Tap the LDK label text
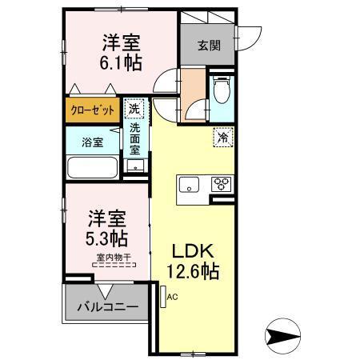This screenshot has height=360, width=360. pyautogui.click(x=190, y=250)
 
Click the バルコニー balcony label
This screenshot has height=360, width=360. pyautogui.click(x=106, y=306)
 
